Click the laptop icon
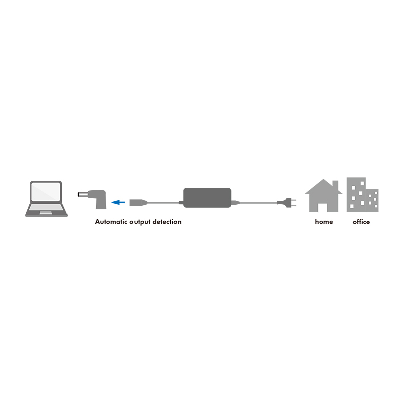46,198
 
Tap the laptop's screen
46,192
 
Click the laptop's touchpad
46,213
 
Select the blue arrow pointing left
118,203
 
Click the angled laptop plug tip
92,199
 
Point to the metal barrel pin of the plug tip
82,195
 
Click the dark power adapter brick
207,197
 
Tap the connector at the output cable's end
138,203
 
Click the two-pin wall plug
287,203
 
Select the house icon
323,195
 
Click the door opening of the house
322,207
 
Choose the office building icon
362,194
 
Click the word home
324,222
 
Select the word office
361,222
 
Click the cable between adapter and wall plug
257,203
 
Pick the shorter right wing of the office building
372,200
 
